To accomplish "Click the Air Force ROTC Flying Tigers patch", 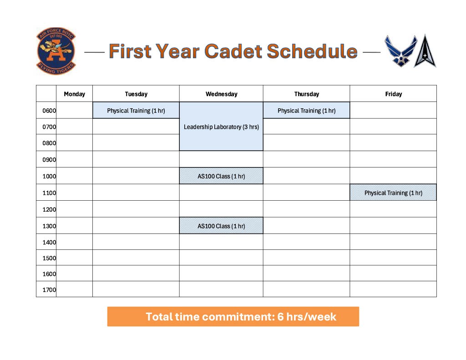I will tap(56, 51).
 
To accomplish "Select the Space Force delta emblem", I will tap(425, 51).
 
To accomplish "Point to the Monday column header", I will tap(74, 94).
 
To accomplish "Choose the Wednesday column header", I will tap(221, 94).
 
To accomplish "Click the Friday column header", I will tap(393, 94).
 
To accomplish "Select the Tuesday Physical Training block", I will tap(136, 111).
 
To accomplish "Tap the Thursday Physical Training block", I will tap(306, 111).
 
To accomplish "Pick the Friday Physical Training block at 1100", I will tap(393, 193).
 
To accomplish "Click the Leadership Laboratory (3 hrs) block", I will tap(221, 127).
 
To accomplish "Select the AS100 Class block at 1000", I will tap(221, 176).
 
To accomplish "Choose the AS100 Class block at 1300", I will tap(221, 226).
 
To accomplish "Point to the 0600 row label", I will tap(49, 111).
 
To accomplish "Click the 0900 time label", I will tap(49, 160).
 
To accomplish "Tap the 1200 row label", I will tap(49, 209).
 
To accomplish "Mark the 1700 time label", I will tap(49, 290).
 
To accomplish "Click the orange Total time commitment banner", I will tap(233, 317).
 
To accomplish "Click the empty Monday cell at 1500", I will tap(74, 258).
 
